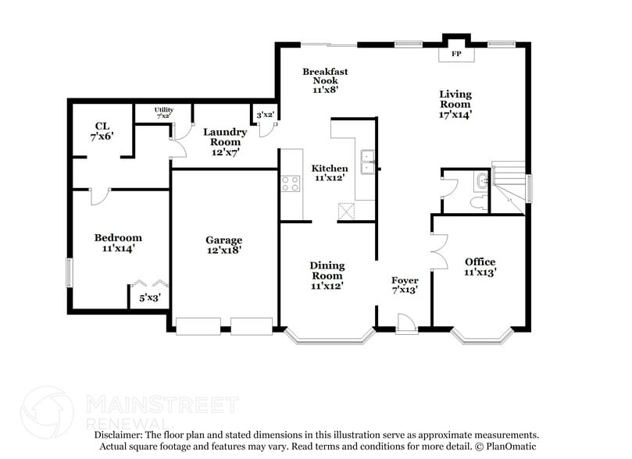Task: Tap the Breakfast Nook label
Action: pos(325,80)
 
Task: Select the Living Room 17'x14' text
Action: pos(454,104)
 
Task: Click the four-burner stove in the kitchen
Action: pos(291,184)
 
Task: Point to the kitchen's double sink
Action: pos(366,162)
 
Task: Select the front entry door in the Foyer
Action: pos(405,323)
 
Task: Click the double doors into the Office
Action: pos(438,251)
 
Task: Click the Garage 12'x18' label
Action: pos(224,245)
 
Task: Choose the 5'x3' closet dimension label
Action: pos(148,297)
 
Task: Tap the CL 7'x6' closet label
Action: pos(102,130)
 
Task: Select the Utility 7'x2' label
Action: pos(163,112)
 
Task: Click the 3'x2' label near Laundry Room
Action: pos(265,115)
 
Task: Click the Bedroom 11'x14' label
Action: pos(118,243)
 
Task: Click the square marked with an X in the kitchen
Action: pos(346,211)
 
